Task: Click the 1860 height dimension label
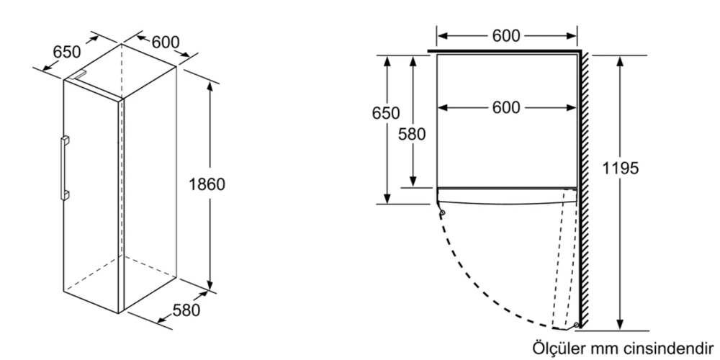point(207,184)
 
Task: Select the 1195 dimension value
point(621,168)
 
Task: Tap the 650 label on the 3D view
point(66,52)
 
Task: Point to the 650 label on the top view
point(385,113)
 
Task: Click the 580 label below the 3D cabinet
point(186,310)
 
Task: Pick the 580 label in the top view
point(412,133)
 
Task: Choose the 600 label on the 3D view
point(166,42)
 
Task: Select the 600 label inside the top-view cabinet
point(506,107)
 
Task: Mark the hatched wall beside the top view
point(586,187)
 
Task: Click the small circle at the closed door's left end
point(441,212)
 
